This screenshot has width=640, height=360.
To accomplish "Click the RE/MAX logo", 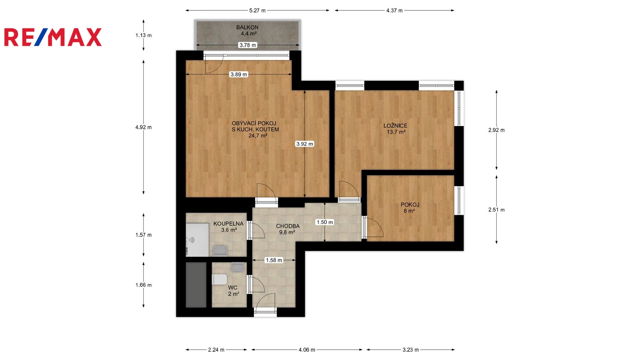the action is point(53,37).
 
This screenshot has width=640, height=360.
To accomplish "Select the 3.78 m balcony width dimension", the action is point(248,45).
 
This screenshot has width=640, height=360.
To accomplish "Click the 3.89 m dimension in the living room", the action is point(239,74).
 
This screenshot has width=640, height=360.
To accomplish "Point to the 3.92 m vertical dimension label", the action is point(304,144).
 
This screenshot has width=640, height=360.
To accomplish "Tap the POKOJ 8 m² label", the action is point(410,208).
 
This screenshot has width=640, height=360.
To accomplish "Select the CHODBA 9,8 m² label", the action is point(288,229).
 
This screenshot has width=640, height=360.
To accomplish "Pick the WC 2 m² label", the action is point(233,290).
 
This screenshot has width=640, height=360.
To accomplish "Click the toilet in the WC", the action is point(220,280).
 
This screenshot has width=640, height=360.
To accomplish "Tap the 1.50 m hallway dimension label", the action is point(324,222).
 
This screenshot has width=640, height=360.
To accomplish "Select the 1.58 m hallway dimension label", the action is point(274,260).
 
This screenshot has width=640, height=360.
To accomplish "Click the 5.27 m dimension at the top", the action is point(258,10).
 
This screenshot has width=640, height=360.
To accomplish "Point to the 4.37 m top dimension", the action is point(394,10).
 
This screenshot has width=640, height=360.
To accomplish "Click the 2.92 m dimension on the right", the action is point(496,130).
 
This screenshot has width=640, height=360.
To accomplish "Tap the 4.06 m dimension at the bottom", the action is point(307,350).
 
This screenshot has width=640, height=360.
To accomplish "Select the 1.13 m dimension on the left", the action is point(144,36).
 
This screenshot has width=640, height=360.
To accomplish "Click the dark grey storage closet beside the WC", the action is point(196,285).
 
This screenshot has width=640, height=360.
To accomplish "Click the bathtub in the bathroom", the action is point(197,240).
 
